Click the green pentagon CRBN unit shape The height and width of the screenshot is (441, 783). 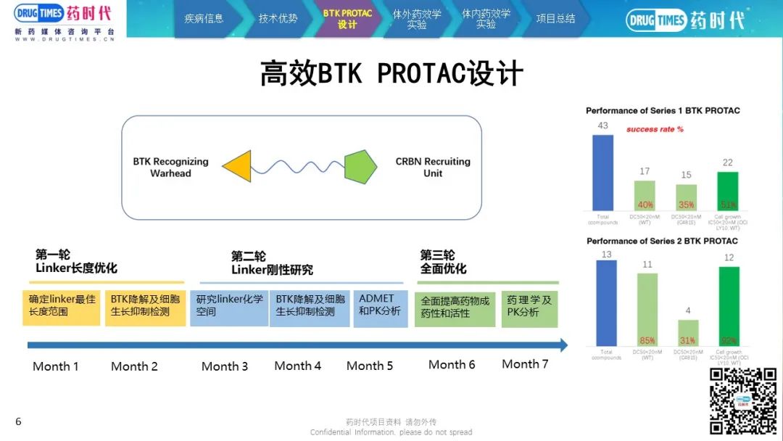[x=360, y=166]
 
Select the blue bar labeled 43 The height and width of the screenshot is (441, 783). [x=602, y=172]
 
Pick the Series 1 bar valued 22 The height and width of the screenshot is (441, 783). [x=727, y=191]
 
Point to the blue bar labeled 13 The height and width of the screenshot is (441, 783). [x=605, y=302]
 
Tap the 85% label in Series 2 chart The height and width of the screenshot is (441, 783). [x=646, y=340]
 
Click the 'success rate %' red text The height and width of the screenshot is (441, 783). [x=655, y=129]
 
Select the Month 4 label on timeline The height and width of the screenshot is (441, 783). [x=297, y=366]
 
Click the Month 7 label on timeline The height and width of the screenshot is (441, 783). [x=525, y=364]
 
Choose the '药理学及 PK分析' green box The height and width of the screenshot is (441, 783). [x=529, y=306]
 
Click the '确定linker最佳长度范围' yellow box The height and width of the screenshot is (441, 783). [x=62, y=305]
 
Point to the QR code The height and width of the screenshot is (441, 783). [x=742, y=400]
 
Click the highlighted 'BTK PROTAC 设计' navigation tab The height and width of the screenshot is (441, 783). [x=347, y=19]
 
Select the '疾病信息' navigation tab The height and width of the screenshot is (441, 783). [x=204, y=18]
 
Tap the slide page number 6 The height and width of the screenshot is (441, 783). [x=18, y=421]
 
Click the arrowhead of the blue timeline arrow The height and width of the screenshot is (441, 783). [x=563, y=345]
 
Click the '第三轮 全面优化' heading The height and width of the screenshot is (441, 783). [x=444, y=262]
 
